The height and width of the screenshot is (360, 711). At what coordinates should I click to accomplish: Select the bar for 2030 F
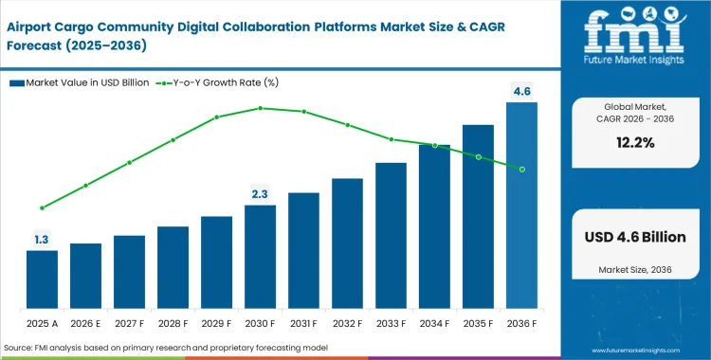click(260, 256)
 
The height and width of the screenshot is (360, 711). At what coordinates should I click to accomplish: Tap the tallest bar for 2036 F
click(521, 205)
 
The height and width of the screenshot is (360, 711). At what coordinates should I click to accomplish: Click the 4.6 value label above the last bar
click(521, 91)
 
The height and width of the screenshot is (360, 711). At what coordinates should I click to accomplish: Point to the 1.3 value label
click(42, 240)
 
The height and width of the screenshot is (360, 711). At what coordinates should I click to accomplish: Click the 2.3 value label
click(260, 194)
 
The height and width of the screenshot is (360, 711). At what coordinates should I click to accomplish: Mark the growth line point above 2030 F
click(260, 108)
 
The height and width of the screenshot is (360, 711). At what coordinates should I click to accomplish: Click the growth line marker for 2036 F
click(521, 169)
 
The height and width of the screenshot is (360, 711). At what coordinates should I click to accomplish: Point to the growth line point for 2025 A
click(42, 207)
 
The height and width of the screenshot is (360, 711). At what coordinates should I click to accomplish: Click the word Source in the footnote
click(22, 348)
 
